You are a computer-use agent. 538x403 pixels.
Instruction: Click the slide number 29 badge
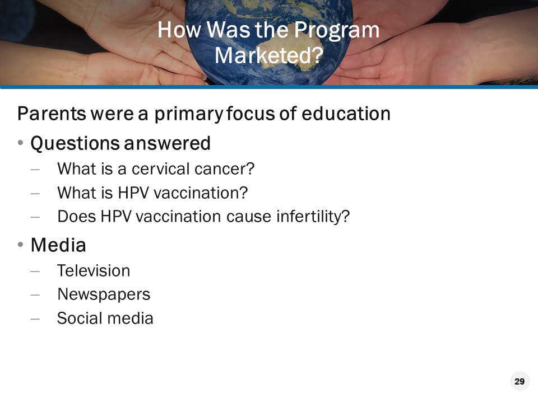pyautogui.click(x=520, y=382)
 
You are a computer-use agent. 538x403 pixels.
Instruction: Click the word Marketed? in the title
pyautogui.click(x=268, y=55)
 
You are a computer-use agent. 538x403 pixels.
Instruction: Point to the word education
pyautogui.click(x=346, y=114)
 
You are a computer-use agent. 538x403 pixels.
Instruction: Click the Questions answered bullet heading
pyautogui.click(x=120, y=143)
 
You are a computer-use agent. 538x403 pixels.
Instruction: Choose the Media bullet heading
pyautogui.click(x=58, y=245)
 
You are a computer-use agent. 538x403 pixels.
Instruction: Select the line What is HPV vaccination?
pyautogui.click(x=152, y=193)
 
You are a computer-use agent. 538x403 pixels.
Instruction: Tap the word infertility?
pyautogui.click(x=313, y=216)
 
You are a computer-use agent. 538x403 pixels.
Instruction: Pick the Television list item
pyautogui.click(x=94, y=270)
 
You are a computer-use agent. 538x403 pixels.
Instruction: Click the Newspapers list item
pyautogui.click(x=104, y=294)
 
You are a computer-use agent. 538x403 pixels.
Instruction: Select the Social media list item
pyautogui.click(x=105, y=318)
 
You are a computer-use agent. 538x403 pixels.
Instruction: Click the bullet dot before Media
pyautogui.click(x=20, y=245)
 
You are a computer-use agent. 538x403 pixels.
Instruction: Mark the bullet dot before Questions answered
pyautogui.click(x=20, y=144)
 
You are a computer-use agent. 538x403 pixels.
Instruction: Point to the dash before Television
pyautogui.click(x=35, y=271)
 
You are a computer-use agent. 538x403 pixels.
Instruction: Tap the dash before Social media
pyautogui.click(x=35, y=318)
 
